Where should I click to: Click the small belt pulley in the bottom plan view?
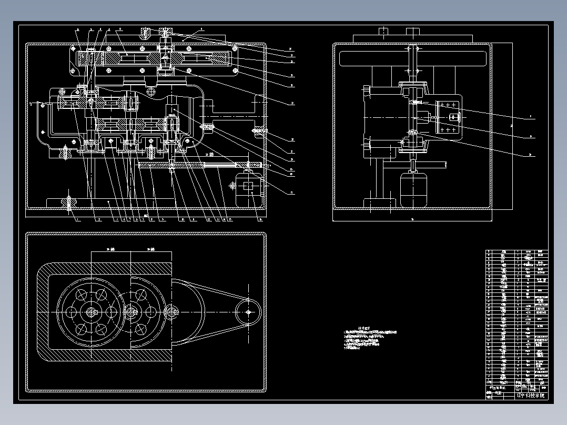[248, 311]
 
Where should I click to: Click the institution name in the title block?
[531, 395]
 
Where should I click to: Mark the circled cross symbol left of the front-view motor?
[233, 185]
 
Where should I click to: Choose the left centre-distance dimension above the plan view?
[110, 249]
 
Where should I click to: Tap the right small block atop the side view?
[415, 32]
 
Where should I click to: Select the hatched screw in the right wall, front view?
[259, 131]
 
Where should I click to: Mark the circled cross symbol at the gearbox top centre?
[152, 93]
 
